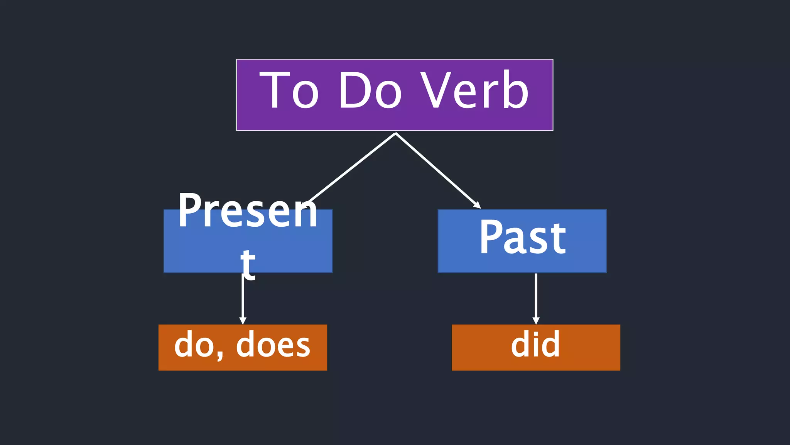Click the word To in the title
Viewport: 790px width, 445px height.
(289, 91)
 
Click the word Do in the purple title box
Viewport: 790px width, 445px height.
(370, 91)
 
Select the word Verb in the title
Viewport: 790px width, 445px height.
(474, 91)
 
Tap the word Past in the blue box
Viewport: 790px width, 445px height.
(522, 237)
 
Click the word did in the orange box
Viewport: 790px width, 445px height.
(535, 345)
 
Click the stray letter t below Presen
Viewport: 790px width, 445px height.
(248, 264)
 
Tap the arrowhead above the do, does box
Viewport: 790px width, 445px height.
(243, 321)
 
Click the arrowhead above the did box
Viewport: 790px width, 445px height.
(536, 321)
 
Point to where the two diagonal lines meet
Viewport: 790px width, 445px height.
(396, 134)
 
